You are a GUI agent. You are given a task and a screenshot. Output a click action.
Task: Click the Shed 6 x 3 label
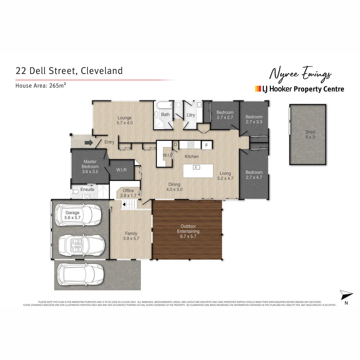click(x=310, y=135)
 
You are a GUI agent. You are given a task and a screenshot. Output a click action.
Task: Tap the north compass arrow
click(x=346, y=295)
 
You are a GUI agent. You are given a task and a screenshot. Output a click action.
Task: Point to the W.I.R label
click(x=121, y=170)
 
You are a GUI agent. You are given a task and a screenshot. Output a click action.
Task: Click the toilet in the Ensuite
click(x=75, y=192)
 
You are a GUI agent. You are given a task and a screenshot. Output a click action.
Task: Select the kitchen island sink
click(x=197, y=167)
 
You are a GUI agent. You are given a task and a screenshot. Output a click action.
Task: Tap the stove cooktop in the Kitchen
click(x=191, y=145)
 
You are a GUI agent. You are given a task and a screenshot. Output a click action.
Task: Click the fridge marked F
click(x=207, y=145)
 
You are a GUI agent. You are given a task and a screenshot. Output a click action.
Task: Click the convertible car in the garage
click(x=81, y=245)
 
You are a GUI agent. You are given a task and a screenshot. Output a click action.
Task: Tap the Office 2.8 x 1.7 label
click(x=128, y=193)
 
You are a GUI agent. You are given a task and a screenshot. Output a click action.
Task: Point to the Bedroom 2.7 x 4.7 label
click(x=254, y=175)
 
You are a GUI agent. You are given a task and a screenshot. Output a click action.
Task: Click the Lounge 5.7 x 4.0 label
click(x=125, y=120)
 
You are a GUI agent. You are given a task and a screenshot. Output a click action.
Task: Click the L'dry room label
click(x=191, y=115)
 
